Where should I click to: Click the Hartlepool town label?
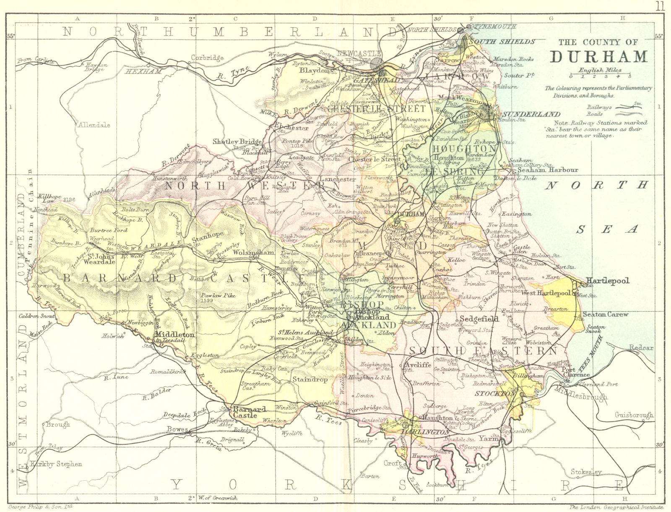click(607, 281)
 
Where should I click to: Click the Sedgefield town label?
click(479, 319)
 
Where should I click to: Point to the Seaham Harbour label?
click(547, 170)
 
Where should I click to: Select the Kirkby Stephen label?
click(56, 464)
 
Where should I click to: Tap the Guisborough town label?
click(634, 415)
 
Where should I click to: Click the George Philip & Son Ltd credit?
click(41, 507)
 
